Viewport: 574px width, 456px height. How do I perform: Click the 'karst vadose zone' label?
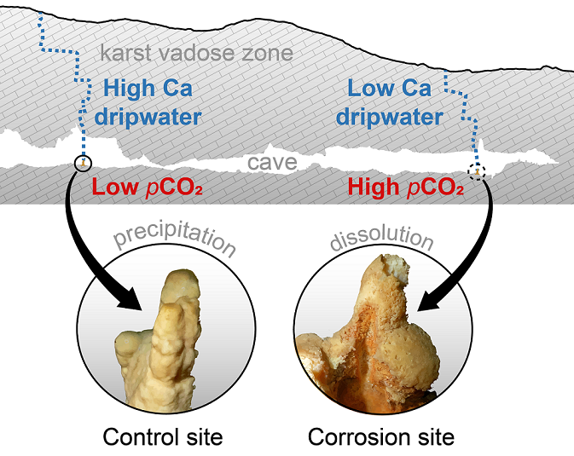pyautogui.click(x=196, y=54)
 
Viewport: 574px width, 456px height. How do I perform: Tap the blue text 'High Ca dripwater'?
pyautogui.click(x=153, y=101)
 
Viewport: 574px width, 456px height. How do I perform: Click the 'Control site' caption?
pyautogui.click(x=163, y=437)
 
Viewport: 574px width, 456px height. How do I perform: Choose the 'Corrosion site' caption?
pyautogui.click(x=381, y=437)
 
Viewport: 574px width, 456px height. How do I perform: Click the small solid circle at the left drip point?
pyautogui.click(x=83, y=163)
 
